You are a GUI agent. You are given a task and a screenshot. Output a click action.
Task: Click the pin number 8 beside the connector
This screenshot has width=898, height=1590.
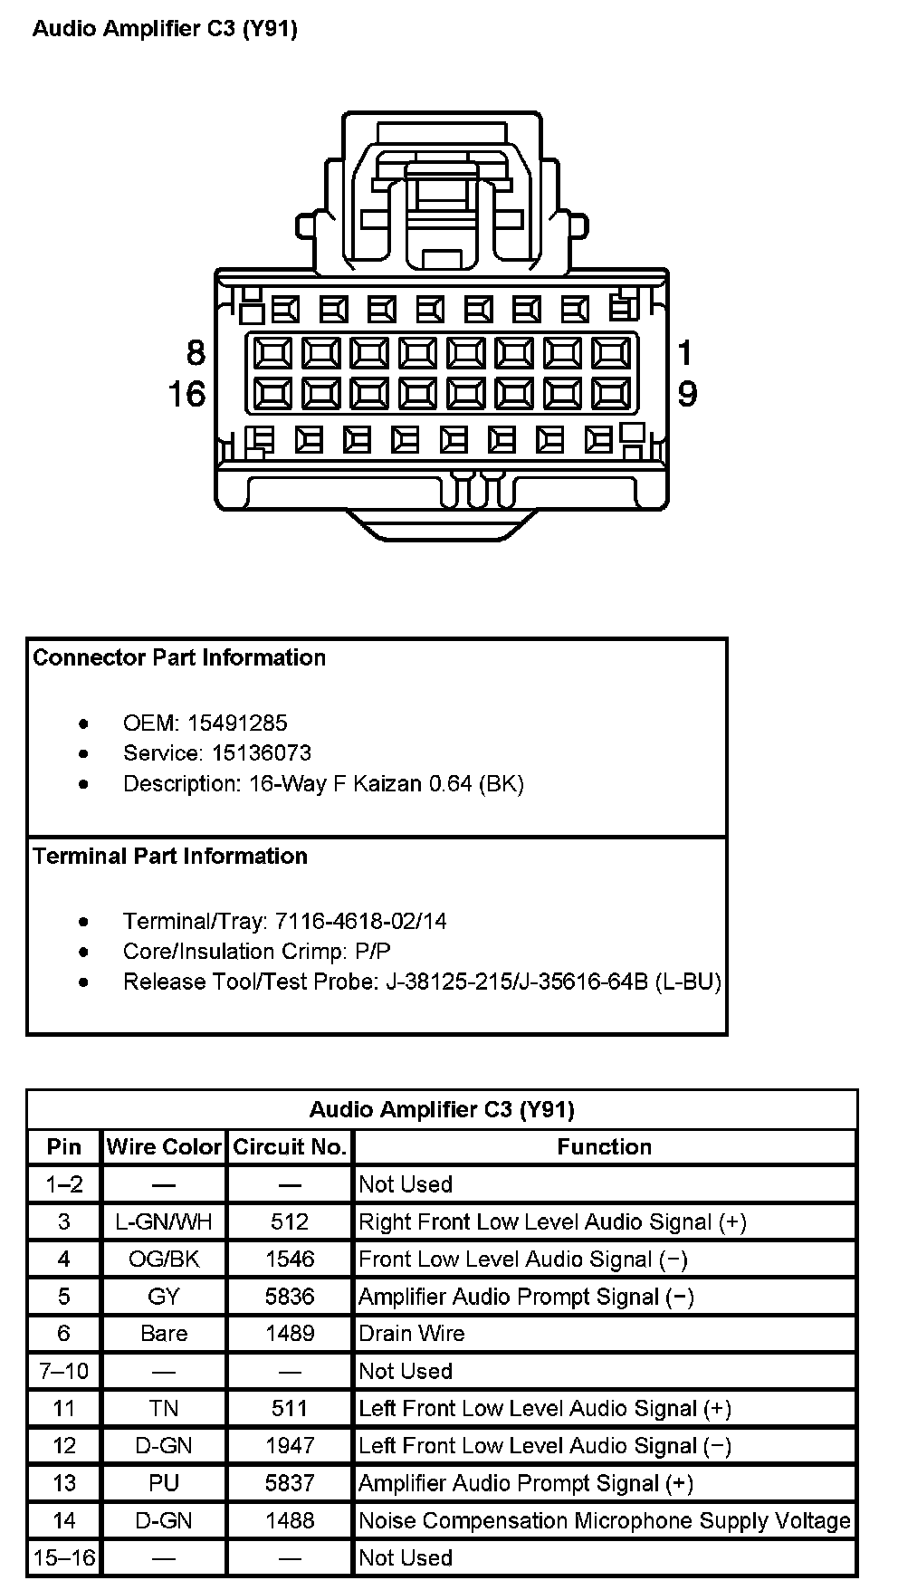point(196,352)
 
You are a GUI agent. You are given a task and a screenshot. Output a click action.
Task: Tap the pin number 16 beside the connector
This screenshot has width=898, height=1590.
point(186,395)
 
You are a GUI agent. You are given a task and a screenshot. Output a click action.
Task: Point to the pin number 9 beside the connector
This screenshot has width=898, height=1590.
point(687,395)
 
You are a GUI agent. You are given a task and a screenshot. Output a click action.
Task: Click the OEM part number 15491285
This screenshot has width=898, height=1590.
point(237,723)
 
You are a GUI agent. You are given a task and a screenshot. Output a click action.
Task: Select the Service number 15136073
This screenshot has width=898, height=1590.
point(262,752)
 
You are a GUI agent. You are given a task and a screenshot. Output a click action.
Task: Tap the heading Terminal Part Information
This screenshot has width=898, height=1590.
point(170,856)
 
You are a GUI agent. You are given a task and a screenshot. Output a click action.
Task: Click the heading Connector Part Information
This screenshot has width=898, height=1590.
point(179,657)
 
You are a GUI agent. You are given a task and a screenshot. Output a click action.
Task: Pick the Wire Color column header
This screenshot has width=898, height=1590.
point(164,1146)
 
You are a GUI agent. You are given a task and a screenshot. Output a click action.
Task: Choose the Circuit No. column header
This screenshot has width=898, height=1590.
point(290,1146)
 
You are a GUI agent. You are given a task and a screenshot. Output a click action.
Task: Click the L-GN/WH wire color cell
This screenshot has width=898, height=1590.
point(164,1221)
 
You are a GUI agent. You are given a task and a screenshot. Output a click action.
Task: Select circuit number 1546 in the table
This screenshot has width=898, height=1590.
point(290,1259)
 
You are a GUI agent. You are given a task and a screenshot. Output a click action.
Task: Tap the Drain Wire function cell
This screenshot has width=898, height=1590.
point(412,1333)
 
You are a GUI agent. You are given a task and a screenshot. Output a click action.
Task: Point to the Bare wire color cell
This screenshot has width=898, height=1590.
point(164,1333)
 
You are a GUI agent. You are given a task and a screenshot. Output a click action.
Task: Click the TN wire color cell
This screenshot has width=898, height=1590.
point(164,1408)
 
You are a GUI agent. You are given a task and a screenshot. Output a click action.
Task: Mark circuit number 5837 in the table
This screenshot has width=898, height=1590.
point(290,1483)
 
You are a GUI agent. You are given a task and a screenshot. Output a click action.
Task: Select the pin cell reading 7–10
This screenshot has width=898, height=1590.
point(63,1371)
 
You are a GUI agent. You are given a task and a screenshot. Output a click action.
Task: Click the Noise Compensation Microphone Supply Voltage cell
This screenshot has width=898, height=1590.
point(605,1520)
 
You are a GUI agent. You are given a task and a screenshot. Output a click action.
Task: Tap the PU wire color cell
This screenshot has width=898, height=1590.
point(164,1483)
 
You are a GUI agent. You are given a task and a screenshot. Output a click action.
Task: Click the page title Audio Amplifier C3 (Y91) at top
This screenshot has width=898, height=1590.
point(165,29)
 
